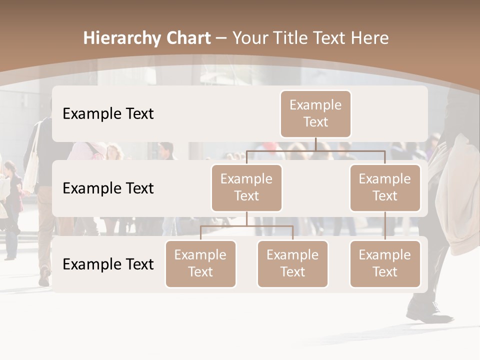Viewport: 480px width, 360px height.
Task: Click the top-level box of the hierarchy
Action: [315, 113]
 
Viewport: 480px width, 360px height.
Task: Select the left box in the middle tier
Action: [246, 187]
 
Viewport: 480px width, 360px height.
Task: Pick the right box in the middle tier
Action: [385, 187]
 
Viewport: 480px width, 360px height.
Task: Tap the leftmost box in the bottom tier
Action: [200, 263]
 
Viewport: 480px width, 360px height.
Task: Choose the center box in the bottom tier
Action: [292, 263]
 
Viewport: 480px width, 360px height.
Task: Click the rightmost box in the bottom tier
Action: [385, 263]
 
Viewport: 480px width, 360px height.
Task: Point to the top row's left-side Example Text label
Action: [108, 114]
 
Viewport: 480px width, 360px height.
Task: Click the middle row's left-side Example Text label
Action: [108, 188]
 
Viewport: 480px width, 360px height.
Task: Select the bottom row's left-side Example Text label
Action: [108, 264]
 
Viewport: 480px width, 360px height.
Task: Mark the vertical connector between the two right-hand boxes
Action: [385, 226]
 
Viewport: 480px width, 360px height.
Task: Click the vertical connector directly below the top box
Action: [315, 144]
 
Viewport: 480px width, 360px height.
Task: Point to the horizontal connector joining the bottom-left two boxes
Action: [246, 226]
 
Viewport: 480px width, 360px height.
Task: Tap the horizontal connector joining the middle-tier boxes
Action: [315, 150]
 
